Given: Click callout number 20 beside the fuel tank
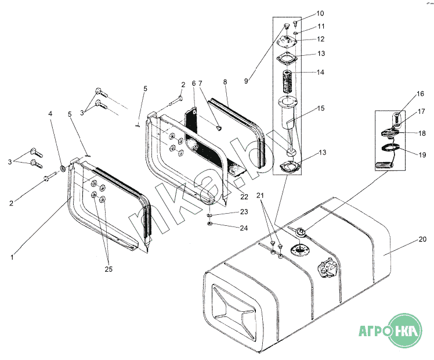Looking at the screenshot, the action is (x=422, y=239).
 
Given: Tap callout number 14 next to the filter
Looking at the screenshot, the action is (x=320, y=72).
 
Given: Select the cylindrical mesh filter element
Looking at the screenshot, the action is (x=288, y=81).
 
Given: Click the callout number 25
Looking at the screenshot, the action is (x=108, y=269).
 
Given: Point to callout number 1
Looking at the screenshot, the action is (x=12, y=257).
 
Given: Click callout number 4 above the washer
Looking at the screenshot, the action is (x=50, y=114).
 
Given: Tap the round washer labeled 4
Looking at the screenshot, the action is (x=63, y=168).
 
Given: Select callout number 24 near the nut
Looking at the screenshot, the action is (x=244, y=228).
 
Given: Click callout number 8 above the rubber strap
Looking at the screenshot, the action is (x=225, y=82).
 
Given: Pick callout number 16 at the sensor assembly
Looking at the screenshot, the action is (x=420, y=94).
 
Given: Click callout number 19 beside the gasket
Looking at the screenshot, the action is (x=422, y=154).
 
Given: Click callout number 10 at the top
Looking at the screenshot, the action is (x=320, y=13).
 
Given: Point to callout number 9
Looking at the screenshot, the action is (x=246, y=81).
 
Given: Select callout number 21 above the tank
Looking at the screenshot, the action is (x=260, y=196).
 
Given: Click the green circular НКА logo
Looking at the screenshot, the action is (x=404, y=330).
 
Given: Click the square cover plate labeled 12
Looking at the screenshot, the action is (x=287, y=42).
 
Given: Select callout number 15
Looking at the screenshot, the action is (x=321, y=108).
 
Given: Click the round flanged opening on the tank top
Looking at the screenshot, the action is (x=300, y=250).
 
